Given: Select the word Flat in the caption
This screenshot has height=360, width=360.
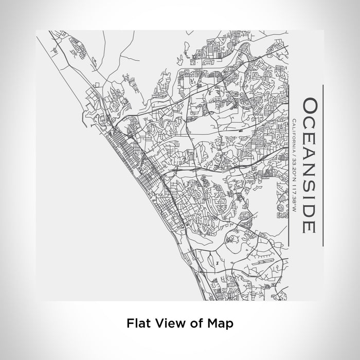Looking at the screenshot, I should (136, 323).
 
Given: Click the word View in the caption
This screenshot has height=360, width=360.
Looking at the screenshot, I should (168, 323).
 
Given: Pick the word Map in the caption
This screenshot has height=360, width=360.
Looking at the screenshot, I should (220, 323).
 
